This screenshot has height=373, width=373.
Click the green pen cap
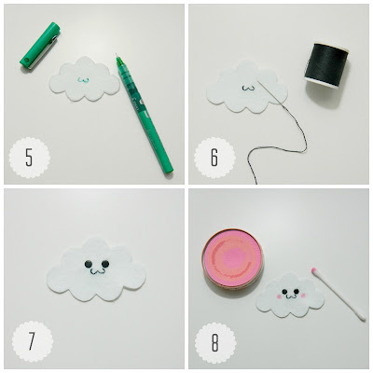(x=40, y=46)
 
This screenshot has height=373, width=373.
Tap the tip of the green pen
(x=117, y=54)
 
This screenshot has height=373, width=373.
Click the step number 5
(x=29, y=158)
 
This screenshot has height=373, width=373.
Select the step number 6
(x=214, y=158)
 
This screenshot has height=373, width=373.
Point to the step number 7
(x=32, y=341)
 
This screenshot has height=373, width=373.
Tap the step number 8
(x=214, y=342)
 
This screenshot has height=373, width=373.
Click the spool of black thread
(x=327, y=66)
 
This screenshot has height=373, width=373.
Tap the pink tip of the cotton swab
(x=313, y=269)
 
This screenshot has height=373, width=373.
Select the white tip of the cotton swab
(x=362, y=317)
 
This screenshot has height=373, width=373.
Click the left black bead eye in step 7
(x=88, y=264)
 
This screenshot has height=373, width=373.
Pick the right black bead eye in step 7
(x=105, y=264)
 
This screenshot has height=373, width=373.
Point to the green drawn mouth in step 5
(x=84, y=80)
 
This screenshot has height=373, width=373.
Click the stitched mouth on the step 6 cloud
(x=248, y=89)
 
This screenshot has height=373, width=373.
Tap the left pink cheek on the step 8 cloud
(x=279, y=297)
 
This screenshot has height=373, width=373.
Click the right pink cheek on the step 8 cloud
(x=303, y=295)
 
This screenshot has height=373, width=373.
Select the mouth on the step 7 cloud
(x=96, y=272)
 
